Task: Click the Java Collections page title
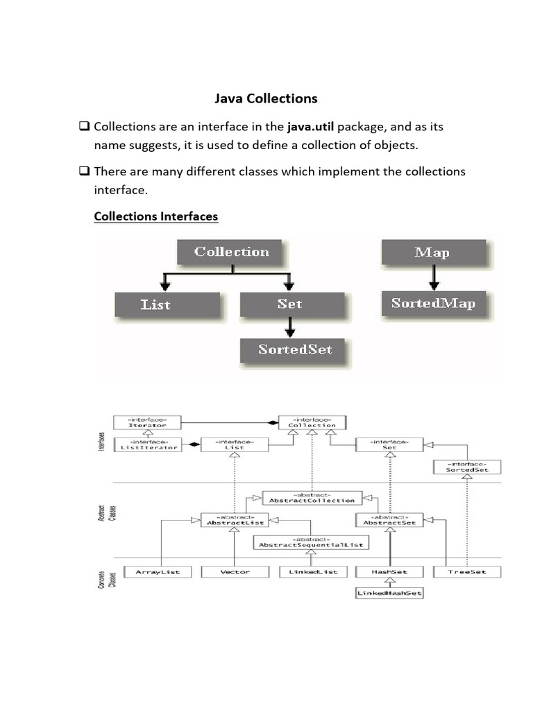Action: click(x=266, y=98)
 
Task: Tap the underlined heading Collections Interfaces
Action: click(x=155, y=216)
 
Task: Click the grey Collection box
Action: click(x=232, y=252)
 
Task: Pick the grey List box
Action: click(x=167, y=304)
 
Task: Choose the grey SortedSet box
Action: click(x=295, y=349)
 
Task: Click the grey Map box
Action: click(x=432, y=252)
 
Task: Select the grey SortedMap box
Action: click(x=433, y=303)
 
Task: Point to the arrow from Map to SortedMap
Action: click(x=433, y=277)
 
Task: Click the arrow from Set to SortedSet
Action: click(x=291, y=325)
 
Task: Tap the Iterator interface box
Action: click(x=146, y=422)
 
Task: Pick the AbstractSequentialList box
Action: click(x=311, y=542)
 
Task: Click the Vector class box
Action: click(x=235, y=572)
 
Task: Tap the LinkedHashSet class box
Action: click(x=389, y=594)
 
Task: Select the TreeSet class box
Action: click(x=467, y=572)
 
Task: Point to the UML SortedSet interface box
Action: click(x=466, y=467)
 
